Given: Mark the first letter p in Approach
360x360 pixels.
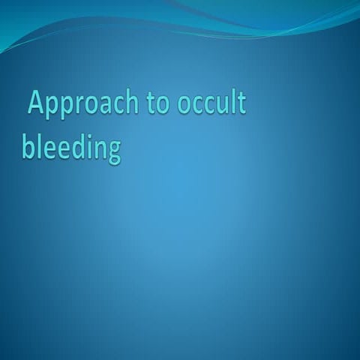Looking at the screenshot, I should tap(53, 108).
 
